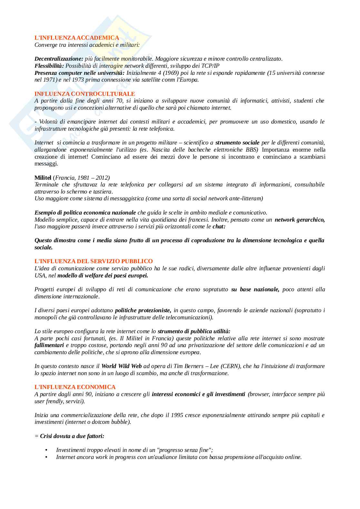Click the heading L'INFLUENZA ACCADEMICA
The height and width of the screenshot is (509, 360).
[x=77, y=38]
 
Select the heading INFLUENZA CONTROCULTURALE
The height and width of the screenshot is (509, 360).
[x=85, y=94]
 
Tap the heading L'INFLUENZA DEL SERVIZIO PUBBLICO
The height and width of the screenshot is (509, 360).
[x=94, y=261]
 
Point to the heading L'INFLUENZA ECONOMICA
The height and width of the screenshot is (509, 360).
[x=75, y=387]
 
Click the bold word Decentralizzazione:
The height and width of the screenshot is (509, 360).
[x=59, y=59]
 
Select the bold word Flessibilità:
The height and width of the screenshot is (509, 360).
[x=49, y=66]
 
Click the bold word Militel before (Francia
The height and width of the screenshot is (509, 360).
[x=43, y=178]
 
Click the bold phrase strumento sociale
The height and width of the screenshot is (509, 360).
[x=237, y=143]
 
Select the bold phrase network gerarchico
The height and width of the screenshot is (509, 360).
[x=300, y=220]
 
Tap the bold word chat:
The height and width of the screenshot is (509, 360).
[x=219, y=227]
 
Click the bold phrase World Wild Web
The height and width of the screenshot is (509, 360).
[x=122, y=366]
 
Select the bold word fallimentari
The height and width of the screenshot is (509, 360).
[x=49, y=345]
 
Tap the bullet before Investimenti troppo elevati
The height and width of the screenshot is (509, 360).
[x=46, y=450]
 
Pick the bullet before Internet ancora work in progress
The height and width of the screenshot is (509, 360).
[x=46, y=457]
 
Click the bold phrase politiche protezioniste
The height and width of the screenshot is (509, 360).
[x=143, y=310]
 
